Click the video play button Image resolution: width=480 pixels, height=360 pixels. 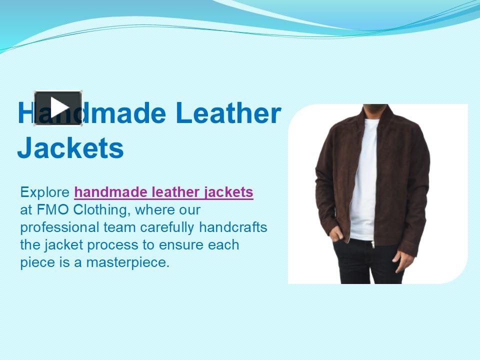(58, 107)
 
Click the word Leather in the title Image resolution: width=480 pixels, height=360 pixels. (228, 113)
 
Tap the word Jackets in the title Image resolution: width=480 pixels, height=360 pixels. (70, 148)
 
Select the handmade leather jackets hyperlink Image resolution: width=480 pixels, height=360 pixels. (163, 192)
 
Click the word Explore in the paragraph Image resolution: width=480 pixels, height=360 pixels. (45, 192)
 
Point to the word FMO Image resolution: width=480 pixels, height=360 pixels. (48, 209)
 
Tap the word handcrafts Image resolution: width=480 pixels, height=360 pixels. (233, 227)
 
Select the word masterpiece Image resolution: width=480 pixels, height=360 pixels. (128, 262)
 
